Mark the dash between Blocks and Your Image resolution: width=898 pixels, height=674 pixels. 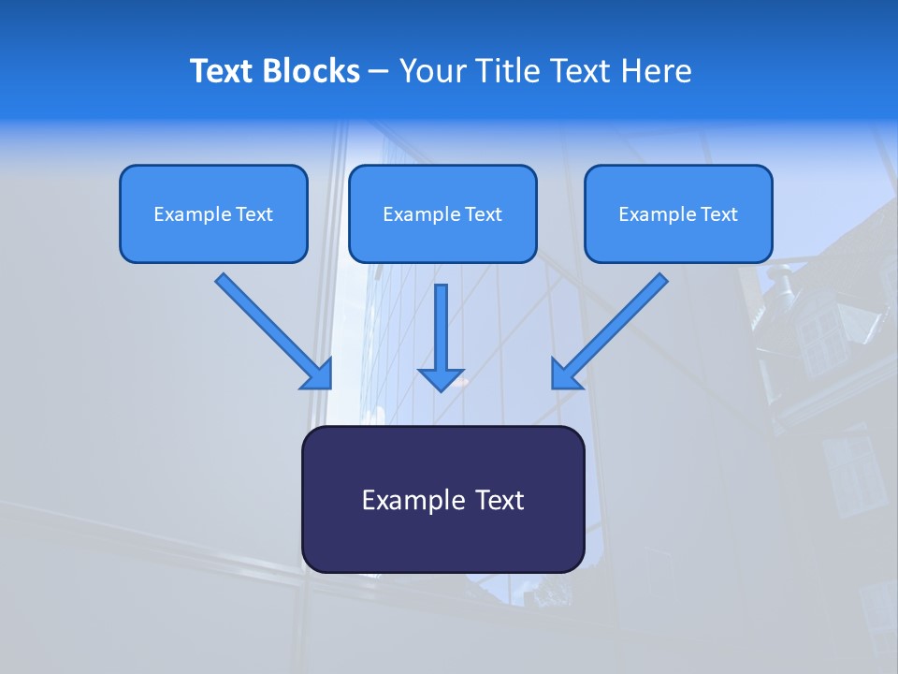379,71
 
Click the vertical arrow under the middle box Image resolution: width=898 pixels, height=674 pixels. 442,328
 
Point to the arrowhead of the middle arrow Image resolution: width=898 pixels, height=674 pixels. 442,379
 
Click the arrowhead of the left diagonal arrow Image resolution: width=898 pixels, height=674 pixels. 318,374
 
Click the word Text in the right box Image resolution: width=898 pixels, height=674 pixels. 718,214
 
